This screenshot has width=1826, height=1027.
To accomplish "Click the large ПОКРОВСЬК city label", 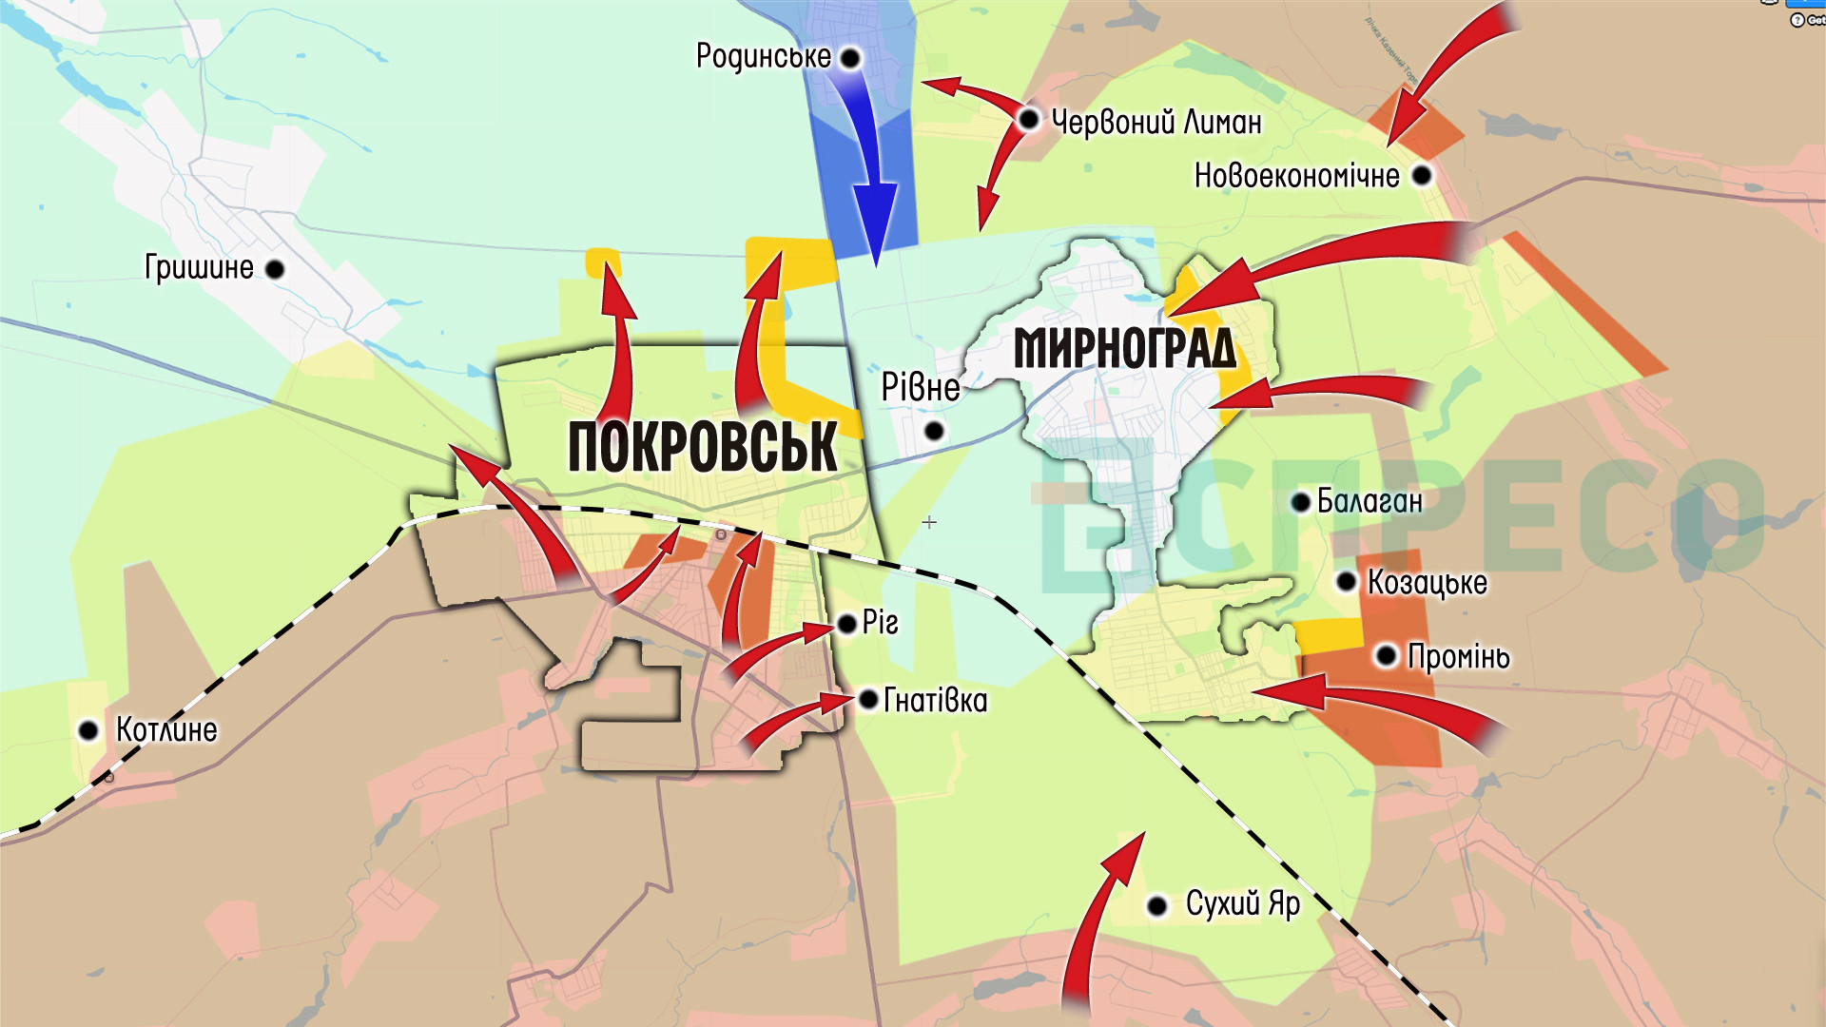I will tap(702, 447).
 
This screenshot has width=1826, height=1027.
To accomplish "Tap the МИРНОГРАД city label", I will tap(1125, 348).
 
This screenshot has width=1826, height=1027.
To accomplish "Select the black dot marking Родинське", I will tap(850, 59).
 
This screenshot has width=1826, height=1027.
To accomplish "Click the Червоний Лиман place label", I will tap(1156, 122).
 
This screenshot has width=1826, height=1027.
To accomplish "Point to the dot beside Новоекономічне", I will tap(1422, 176).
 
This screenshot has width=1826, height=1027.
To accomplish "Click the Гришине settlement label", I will tap(199, 268).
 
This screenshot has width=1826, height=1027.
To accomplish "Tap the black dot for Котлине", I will tap(88, 731).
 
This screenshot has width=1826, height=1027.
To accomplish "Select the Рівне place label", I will tap(920, 388).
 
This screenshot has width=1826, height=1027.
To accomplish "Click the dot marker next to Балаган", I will tap(1301, 502).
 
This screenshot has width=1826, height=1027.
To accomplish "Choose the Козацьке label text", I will tap(1427, 582).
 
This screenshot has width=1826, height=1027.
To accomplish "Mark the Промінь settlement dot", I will tap(1387, 656).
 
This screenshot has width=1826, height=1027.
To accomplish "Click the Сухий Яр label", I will tap(1242, 903).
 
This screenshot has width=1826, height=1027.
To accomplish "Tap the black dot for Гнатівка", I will tap(868, 700).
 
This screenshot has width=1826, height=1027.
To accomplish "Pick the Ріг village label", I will tap(880, 623).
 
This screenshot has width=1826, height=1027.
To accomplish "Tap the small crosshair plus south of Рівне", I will tap(929, 522).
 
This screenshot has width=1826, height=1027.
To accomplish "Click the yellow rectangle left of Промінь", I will tap(1331, 634).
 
